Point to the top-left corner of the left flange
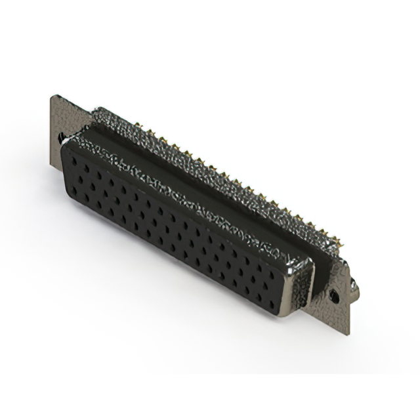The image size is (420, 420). tap(52, 96)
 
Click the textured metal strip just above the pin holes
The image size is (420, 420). tap(184, 197)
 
